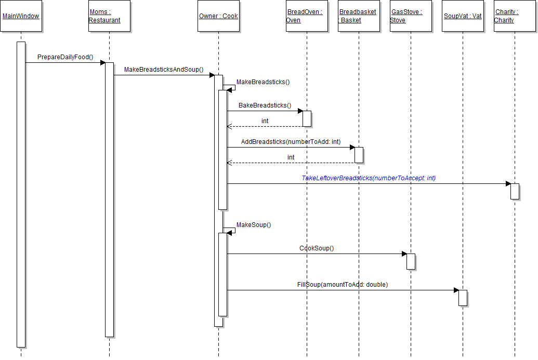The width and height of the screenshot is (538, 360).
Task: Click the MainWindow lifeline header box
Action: pyautogui.click(x=21, y=16)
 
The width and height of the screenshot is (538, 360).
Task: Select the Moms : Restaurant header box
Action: pyautogui.click(x=109, y=16)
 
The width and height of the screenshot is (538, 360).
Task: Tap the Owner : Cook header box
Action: pyautogui.click(x=218, y=16)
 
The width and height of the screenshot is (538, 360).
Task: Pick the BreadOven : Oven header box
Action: pyautogui.click(x=307, y=16)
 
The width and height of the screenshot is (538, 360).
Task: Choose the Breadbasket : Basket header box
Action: pyautogui.click(x=359, y=16)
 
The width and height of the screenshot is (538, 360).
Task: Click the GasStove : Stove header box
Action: pyautogui.click(x=411, y=16)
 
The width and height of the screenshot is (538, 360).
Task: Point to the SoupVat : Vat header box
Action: pyautogui.click(x=463, y=16)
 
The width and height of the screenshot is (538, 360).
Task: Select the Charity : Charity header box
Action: pyautogui.click(x=515, y=16)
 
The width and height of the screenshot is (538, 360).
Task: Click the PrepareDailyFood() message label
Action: pyautogui.click(x=65, y=57)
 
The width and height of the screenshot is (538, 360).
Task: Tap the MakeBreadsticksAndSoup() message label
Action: pyautogui.click(x=164, y=70)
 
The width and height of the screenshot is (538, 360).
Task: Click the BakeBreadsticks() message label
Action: pyautogui.click(x=265, y=105)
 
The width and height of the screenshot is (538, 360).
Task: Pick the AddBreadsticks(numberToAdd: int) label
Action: pyautogui.click(x=291, y=142)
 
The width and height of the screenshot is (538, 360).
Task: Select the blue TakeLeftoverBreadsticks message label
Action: pyautogui.click(x=369, y=178)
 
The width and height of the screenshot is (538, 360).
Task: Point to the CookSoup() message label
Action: pyautogui.click(x=317, y=248)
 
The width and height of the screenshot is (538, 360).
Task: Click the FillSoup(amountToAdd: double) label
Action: pyautogui.click(x=343, y=285)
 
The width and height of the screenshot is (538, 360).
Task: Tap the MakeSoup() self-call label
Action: pyautogui.click(x=254, y=225)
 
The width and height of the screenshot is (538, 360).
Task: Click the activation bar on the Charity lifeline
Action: pyautogui.click(x=515, y=191)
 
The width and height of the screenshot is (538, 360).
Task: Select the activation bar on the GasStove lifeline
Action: pyautogui.click(x=411, y=261)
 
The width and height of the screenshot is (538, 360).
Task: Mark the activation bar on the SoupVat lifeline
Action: pyautogui.click(x=463, y=298)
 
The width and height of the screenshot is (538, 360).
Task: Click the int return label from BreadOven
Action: pyautogui.click(x=265, y=121)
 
